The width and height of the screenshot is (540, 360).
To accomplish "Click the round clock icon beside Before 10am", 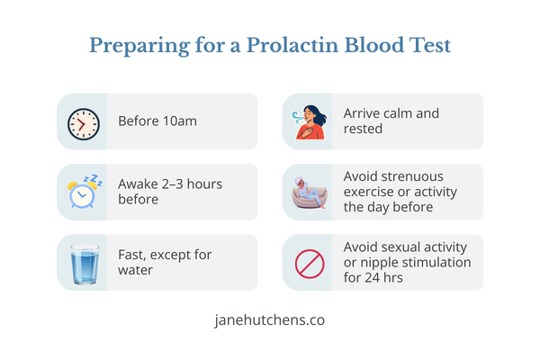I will coord(82,121).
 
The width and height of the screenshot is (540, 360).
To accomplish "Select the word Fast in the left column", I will coord(132,255).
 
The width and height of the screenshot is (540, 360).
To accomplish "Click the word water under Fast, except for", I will coord(138,270).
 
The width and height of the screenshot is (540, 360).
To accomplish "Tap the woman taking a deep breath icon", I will coord(308,121).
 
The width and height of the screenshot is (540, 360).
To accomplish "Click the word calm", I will coord(400,113).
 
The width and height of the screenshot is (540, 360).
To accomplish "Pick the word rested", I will coord(364,129).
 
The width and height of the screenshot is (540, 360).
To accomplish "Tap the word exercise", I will coord(370,191).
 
